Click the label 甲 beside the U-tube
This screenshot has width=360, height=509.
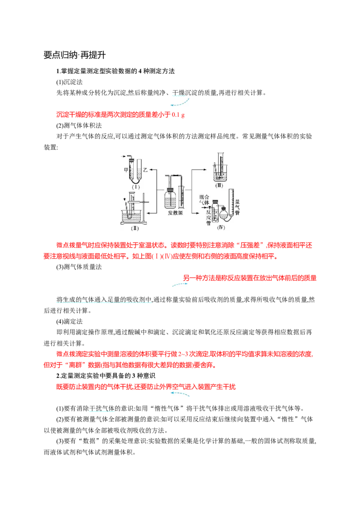coord(126,170)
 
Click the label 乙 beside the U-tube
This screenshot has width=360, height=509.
coord(145,170)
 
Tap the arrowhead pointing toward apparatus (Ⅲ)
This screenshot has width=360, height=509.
coord(211,170)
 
